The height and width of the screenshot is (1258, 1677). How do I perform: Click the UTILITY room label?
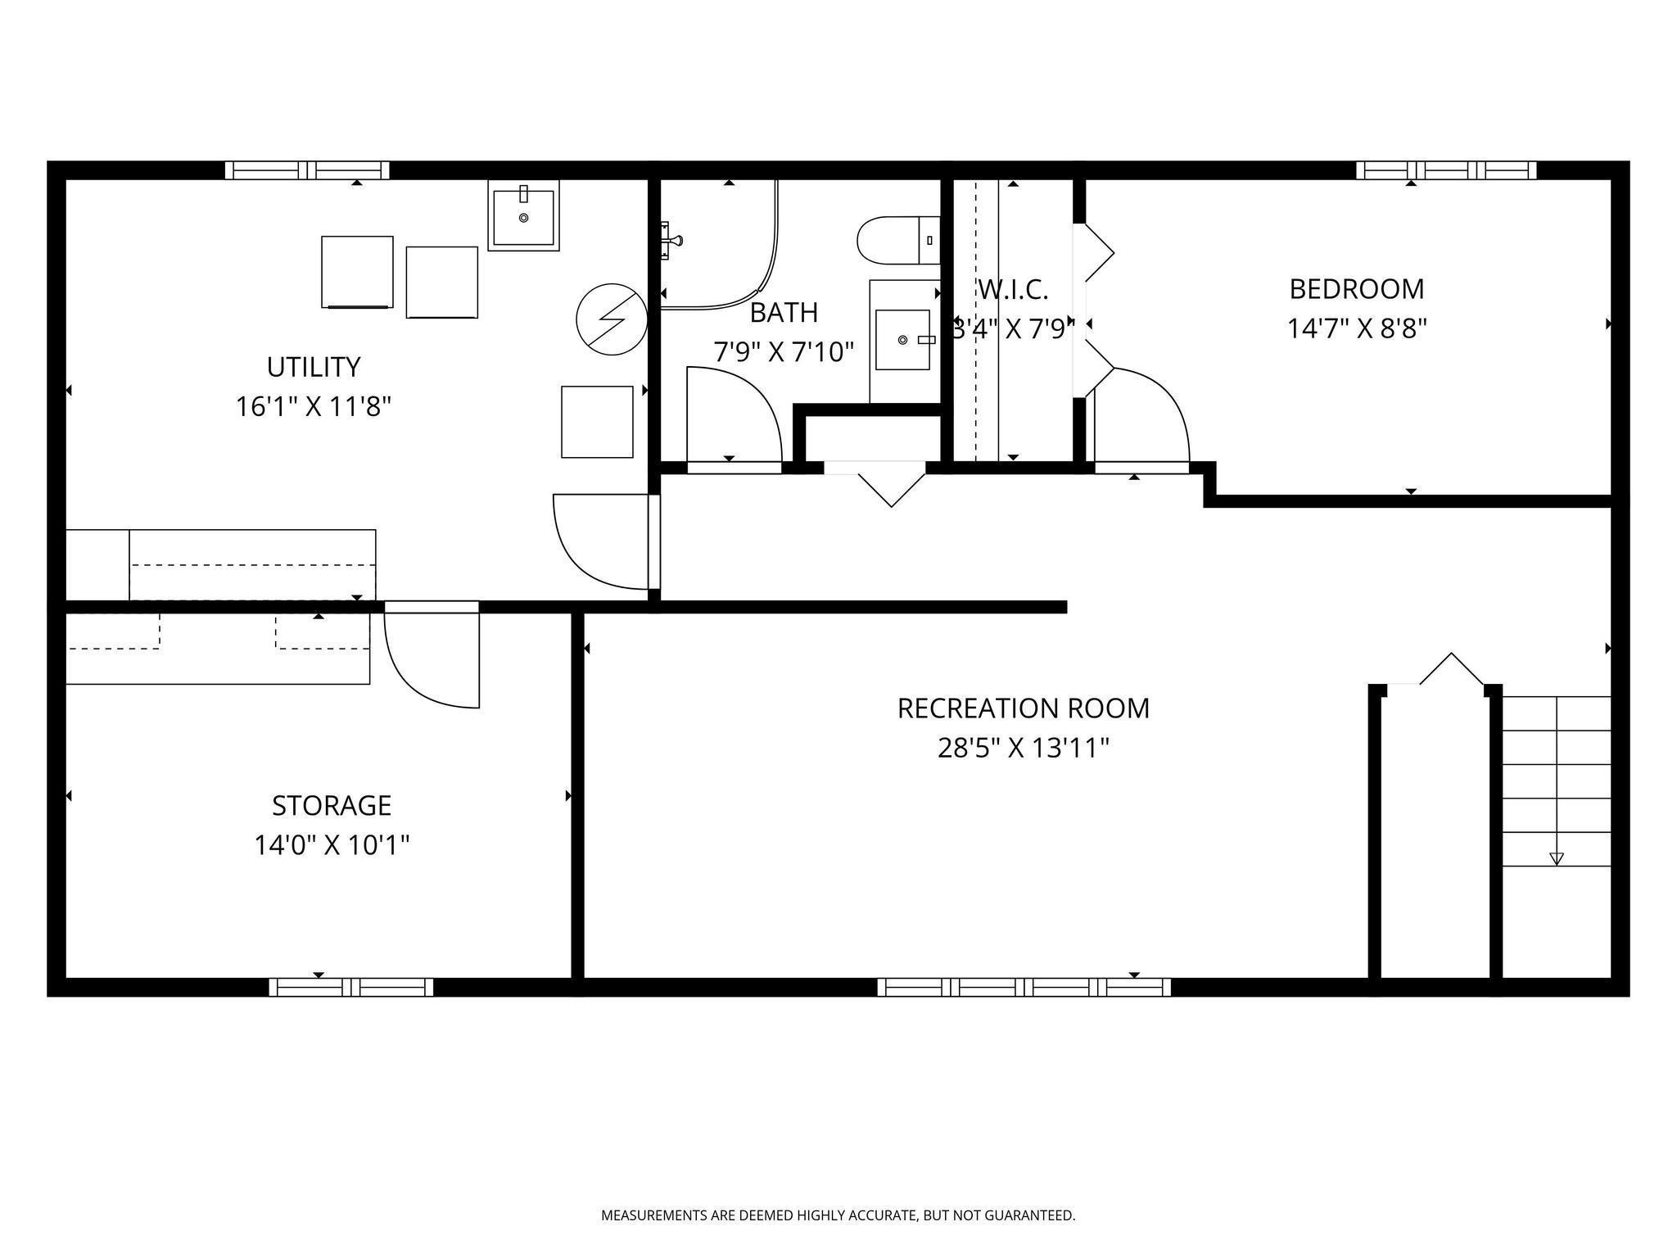(314, 367)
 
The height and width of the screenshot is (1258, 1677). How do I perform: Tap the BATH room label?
(784, 313)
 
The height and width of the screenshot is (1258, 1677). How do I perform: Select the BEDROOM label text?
(1357, 289)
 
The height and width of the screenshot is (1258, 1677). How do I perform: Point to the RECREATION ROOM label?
(1024, 708)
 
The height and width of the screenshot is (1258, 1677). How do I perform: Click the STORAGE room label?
(332, 806)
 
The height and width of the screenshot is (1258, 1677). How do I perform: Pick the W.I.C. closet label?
(1013, 289)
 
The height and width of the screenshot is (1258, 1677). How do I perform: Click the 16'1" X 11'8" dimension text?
(314, 406)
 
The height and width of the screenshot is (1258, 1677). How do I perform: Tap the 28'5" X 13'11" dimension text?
(1024, 748)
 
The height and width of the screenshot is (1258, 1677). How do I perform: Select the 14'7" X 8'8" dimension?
(1357, 328)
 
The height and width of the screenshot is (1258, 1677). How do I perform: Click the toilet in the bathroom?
(898, 240)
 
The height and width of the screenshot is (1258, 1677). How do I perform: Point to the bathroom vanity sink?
(902, 340)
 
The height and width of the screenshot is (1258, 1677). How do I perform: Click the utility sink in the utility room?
(524, 215)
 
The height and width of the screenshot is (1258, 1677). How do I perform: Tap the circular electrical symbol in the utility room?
(612, 319)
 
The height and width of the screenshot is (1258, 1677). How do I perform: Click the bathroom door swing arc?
(757, 393)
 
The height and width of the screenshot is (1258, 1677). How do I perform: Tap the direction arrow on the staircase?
(1557, 859)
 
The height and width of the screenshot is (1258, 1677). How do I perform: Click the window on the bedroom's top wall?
(1446, 170)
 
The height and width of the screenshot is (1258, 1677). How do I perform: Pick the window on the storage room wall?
(351, 987)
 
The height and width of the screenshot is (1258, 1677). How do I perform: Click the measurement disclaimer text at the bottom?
(838, 1215)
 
